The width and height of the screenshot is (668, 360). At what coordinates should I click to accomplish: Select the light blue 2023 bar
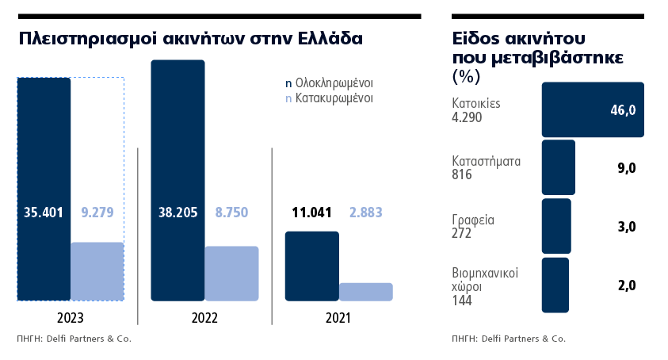pyautogui.click(x=97, y=271)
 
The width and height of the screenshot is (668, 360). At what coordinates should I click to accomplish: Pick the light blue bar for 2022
pyautogui.click(x=231, y=274)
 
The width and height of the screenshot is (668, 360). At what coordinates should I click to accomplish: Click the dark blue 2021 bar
pyautogui.click(x=311, y=266)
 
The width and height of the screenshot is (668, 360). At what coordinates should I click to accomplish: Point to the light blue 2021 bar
pyautogui.click(x=365, y=292)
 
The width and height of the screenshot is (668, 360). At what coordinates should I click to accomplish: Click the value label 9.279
pyautogui.click(x=97, y=213)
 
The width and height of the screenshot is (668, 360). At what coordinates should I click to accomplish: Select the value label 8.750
pyautogui.click(x=231, y=213)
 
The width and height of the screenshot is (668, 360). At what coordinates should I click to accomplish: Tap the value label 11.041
pyautogui.click(x=311, y=213)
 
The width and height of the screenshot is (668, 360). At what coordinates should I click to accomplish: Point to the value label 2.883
pyautogui.click(x=365, y=213)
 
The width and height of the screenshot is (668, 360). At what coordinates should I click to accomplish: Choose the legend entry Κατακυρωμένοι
pyautogui.click(x=334, y=99)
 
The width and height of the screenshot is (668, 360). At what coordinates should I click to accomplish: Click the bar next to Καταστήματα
pyautogui.click(x=558, y=167)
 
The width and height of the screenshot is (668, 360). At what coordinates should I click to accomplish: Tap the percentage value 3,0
pyautogui.click(x=627, y=227)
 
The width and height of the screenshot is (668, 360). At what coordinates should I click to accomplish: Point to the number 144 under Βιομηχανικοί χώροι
pyautogui.click(x=461, y=301)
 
